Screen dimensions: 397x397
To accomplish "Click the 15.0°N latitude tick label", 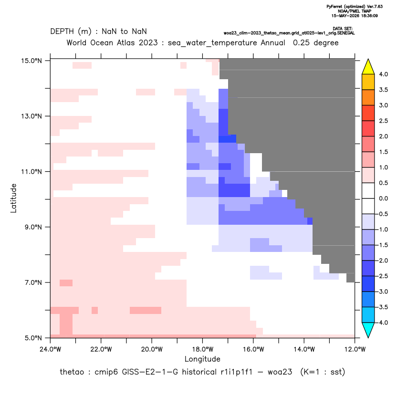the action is [x=31, y=61].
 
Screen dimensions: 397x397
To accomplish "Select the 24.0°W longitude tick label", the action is [x=51, y=349].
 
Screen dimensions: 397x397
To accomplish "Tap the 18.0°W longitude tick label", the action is [x=202, y=349].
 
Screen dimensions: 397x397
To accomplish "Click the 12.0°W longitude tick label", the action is [x=355, y=349].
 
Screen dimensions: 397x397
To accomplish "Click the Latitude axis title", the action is [x=13, y=198].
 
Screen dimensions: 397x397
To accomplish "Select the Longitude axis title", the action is [x=202, y=359].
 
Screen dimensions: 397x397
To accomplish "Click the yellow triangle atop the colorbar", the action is [x=368, y=67].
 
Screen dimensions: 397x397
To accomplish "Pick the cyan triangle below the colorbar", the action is [x=368, y=330].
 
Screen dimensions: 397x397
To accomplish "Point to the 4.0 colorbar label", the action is [x=383, y=74].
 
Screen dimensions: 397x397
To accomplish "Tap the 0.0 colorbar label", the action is [x=383, y=198].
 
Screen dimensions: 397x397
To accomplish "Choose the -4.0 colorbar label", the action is [x=382, y=323].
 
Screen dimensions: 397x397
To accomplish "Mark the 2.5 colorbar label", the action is [x=383, y=121].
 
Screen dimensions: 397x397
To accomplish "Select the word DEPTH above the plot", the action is [x=62, y=31].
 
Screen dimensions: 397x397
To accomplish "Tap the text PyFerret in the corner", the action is [x=334, y=7].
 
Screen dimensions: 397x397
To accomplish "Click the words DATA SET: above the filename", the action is [x=343, y=29].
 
